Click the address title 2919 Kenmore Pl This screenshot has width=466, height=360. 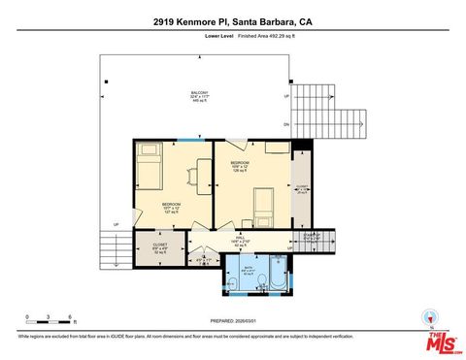pos(232,21)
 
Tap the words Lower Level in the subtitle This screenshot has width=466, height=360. pos(220,36)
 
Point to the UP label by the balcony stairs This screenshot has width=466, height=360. pos(286,97)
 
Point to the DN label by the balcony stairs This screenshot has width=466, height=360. pos(286,125)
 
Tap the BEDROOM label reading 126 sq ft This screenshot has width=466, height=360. pos(240,166)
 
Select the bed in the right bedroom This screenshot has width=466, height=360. pos(264,203)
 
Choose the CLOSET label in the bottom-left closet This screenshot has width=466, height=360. pos(159,247)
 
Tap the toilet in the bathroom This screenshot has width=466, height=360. pos(261,282)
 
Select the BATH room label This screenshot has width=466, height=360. pos(249,271)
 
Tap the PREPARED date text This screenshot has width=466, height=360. pos(232,321)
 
